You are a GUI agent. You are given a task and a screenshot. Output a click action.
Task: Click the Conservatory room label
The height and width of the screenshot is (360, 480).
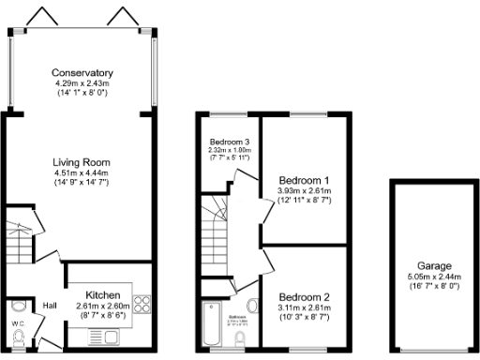point(82,73)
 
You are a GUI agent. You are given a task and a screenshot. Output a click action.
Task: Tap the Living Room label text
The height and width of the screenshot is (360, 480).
point(82,162)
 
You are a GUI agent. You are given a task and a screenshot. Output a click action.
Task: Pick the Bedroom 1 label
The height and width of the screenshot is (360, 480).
point(304,180)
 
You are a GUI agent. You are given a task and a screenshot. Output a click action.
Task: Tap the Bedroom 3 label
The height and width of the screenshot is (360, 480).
point(228,142)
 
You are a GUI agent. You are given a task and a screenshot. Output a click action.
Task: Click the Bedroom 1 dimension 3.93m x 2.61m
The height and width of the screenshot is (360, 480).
point(304,191)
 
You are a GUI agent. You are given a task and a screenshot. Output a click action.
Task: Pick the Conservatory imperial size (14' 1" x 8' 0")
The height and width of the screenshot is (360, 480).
point(82,94)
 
